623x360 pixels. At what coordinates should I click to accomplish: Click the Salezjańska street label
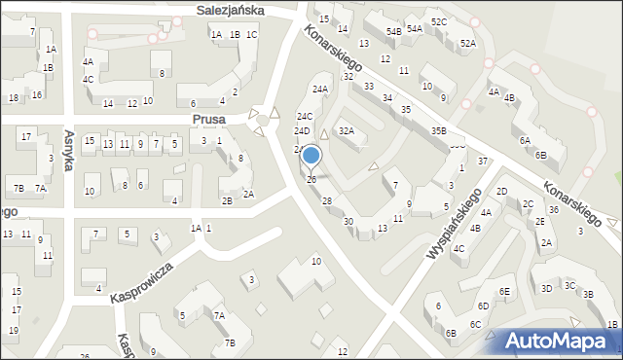click(x=232, y=10)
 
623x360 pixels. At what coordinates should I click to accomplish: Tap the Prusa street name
click(x=208, y=119)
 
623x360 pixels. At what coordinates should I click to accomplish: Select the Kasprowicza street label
click(x=141, y=280)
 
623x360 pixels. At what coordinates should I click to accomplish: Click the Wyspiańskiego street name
click(x=455, y=223)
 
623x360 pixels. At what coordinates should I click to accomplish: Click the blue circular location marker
click(x=311, y=155)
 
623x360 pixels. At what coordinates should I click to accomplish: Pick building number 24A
click(x=319, y=90)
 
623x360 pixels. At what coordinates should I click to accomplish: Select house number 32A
click(x=346, y=130)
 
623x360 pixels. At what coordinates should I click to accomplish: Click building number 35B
click(x=439, y=130)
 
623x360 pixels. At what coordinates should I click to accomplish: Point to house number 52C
click(x=439, y=21)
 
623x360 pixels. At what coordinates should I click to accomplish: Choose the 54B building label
click(x=393, y=32)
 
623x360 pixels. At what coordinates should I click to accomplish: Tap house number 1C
click(x=251, y=35)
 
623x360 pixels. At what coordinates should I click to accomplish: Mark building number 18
click(x=14, y=98)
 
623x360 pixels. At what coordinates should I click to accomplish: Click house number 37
click(x=482, y=160)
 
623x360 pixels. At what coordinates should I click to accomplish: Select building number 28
click(x=327, y=201)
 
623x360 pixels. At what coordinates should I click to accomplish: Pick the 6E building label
click(x=504, y=292)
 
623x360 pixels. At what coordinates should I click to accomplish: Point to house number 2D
click(x=501, y=191)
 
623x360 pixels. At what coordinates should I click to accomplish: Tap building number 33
click(x=369, y=87)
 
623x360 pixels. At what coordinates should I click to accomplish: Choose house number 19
click(x=13, y=330)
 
